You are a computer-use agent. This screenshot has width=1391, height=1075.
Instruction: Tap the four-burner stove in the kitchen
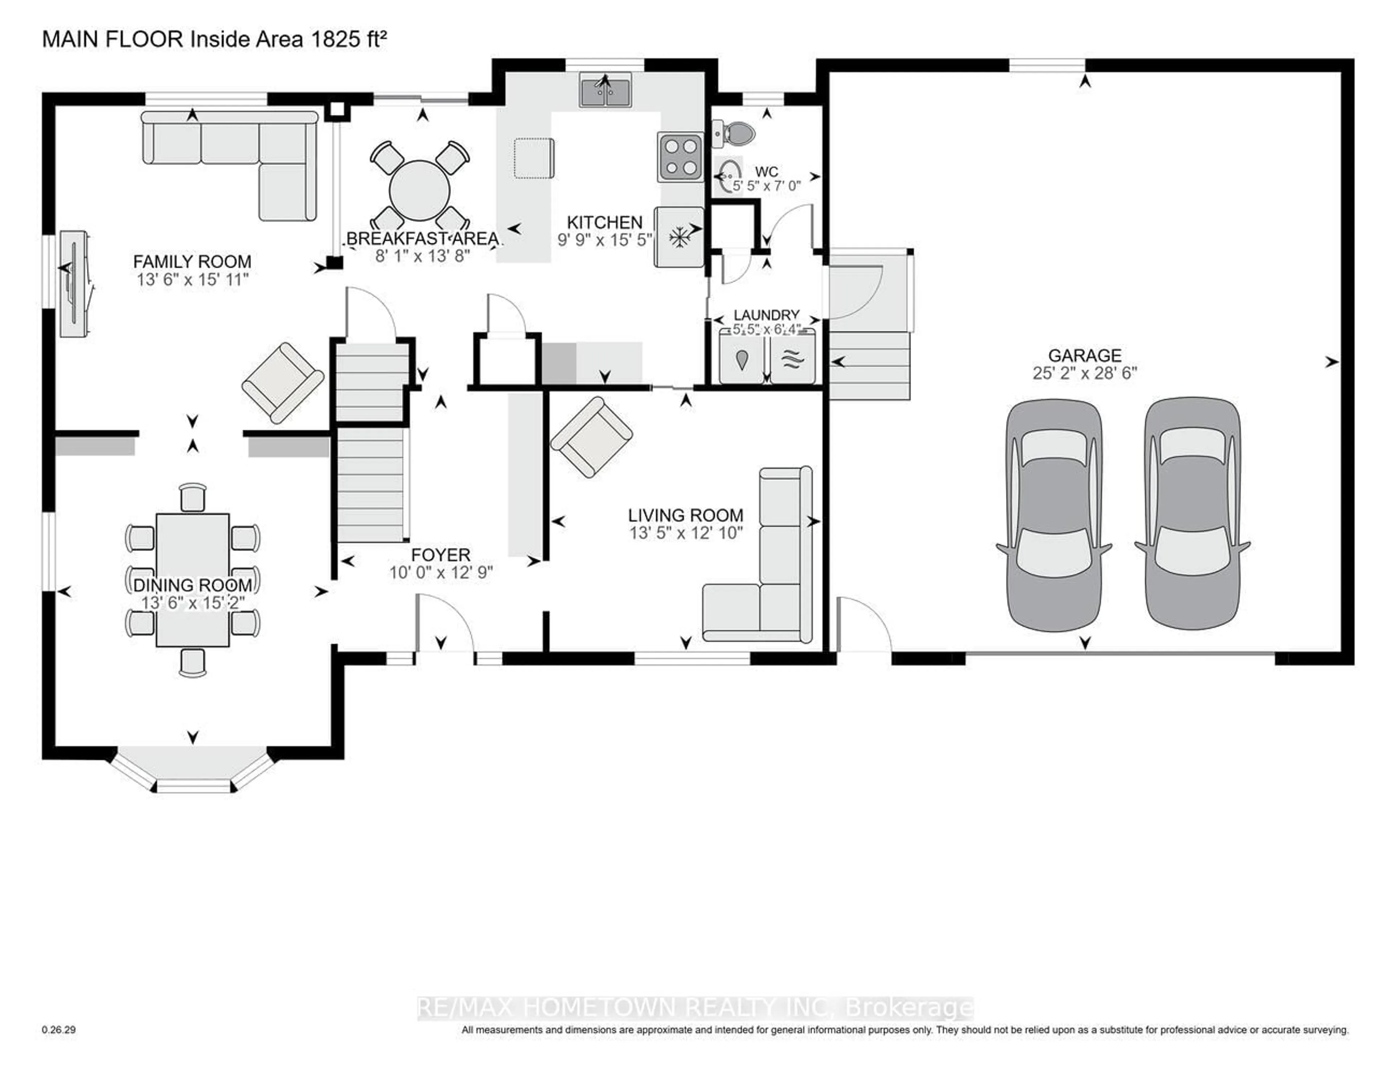tap(680, 157)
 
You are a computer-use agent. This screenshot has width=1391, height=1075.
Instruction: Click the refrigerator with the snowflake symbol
tap(679, 237)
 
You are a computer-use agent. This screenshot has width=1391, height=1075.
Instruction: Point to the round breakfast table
tap(420, 190)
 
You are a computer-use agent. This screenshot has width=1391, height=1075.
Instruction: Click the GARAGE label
tap(1085, 355)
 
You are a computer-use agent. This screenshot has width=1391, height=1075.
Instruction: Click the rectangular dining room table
tap(192, 580)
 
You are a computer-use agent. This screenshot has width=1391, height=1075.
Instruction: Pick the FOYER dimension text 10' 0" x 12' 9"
tap(441, 573)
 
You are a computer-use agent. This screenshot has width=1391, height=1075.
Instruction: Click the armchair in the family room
tap(283, 383)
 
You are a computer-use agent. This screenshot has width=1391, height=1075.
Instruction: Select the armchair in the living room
tap(592, 437)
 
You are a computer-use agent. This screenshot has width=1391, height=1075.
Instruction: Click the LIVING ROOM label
tap(685, 515)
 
